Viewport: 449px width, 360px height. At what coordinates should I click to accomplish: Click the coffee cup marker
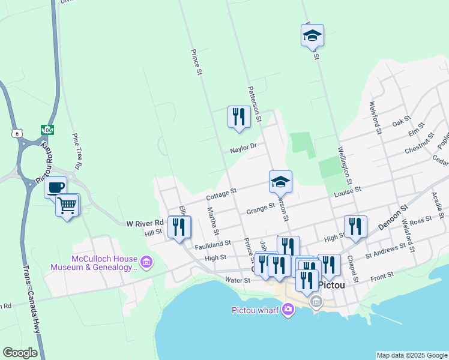[x=56, y=187]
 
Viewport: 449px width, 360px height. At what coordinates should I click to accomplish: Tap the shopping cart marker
[x=67, y=206]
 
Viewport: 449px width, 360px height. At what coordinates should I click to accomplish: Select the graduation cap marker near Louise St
[x=280, y=181]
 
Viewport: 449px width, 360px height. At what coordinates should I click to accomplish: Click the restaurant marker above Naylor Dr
[x=239, y=116]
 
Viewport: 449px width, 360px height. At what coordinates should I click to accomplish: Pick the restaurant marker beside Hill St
[x=179, y=227]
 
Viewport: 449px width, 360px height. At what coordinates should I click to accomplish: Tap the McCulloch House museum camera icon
[x=146, y=262]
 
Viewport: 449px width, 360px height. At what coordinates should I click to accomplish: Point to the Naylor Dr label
[x=243, y=146]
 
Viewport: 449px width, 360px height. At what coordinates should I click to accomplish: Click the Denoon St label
[x=393, y=217]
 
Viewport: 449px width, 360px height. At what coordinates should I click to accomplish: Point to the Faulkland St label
[x=212, y=245]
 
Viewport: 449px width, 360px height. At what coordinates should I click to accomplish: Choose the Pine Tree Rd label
[x=76, y=150]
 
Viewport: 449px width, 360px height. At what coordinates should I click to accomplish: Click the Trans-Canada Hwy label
[x=31, y=300]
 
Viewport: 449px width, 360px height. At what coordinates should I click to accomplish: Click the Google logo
[x=20, y=353]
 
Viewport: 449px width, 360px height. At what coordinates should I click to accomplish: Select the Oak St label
[x=400, y=121]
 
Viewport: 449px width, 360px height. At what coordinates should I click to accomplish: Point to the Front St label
[x=382, y=275]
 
